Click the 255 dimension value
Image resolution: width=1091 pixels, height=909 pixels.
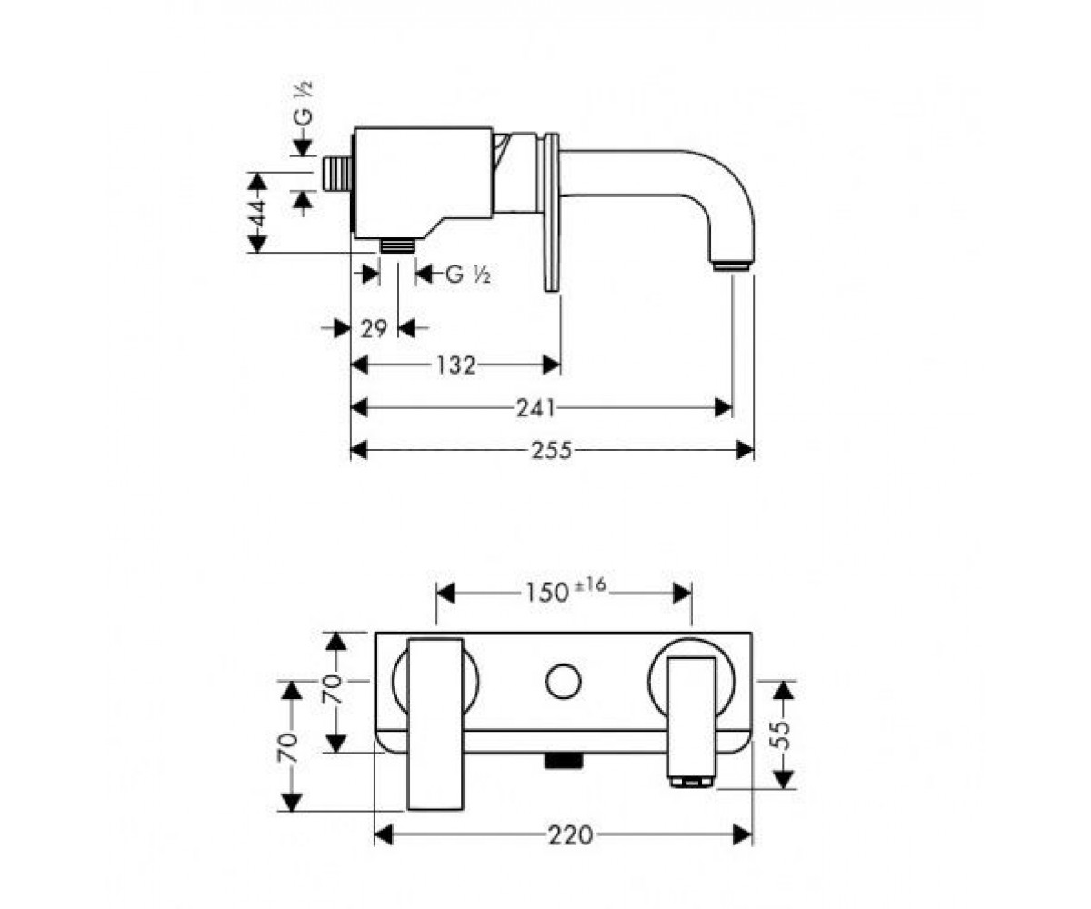552,450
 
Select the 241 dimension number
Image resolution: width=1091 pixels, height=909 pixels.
535,408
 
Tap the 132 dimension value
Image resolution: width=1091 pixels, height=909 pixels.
455,365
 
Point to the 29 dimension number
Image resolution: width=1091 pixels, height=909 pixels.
374,328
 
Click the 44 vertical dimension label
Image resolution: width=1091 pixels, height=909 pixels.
256,213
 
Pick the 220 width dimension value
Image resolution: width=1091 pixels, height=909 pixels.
570,834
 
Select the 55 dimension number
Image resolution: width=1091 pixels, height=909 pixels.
783,735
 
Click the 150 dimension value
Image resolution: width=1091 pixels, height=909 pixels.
546,594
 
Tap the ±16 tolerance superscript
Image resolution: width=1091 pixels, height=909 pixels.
590,585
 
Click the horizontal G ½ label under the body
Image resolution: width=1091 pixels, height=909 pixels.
468,274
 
